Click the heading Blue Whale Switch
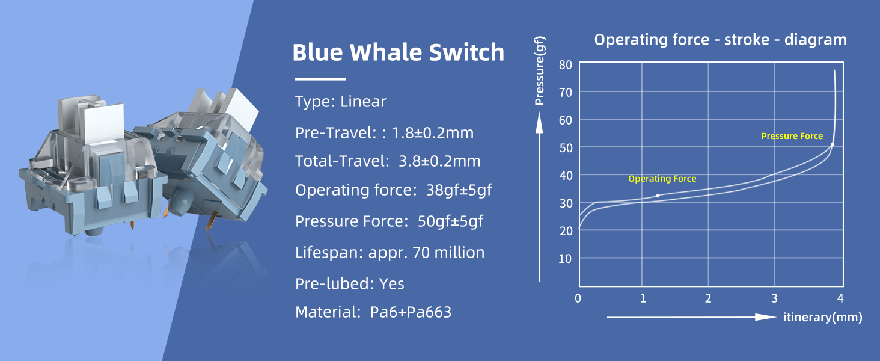pos(398,53)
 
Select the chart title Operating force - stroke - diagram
pos(720,40)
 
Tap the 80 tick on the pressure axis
pos(565,64)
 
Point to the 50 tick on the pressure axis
pos(565,147)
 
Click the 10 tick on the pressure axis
pos(565,258)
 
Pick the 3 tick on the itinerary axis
pos(774,298)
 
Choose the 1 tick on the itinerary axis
pos(643,298)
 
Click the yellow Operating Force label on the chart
pos(662,179)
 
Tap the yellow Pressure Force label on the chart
pos(792,137)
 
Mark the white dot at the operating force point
pos(658,196)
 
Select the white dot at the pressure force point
pos(833,145)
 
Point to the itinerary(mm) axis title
pos(822,317)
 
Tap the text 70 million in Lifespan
pos(448,253)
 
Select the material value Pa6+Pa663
pos(411,313)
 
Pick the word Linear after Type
pos(363,102)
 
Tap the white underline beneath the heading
pos(320,79)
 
